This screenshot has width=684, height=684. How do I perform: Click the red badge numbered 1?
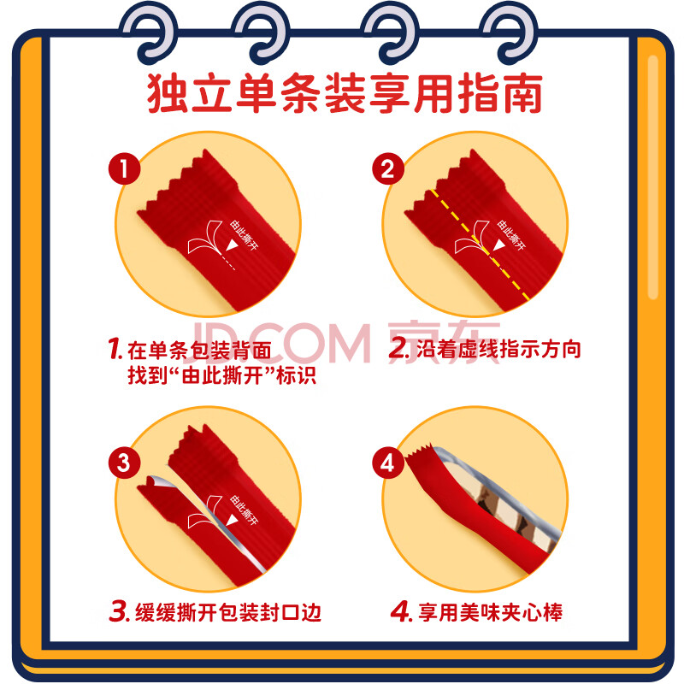[124, 168]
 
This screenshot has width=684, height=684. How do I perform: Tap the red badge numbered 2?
[388, 168]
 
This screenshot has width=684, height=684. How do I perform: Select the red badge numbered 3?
[124, 463]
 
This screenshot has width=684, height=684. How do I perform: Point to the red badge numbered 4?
[388, 463]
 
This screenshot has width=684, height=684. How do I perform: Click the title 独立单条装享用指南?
[345, 93]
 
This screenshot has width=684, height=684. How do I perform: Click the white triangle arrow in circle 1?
[232, 245]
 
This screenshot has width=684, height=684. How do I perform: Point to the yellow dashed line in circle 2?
[480, 245]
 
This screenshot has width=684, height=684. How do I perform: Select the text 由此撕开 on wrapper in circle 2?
[511, 236]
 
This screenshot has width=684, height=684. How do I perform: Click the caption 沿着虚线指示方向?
[498, 349]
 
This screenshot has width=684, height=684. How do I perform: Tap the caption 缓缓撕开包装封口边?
[228, 612]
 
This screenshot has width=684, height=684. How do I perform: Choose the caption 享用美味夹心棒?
[490, 612]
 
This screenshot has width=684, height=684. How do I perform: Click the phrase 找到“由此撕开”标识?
[221, 375]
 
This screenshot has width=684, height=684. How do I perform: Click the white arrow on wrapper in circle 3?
[232, 520]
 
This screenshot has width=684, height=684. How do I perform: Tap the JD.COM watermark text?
[280, 343]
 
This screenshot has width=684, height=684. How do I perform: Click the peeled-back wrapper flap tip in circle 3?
[151, 479]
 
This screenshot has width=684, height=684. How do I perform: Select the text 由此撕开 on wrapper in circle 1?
[244, 236]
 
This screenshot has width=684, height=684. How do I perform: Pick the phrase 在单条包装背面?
[199, 351]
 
